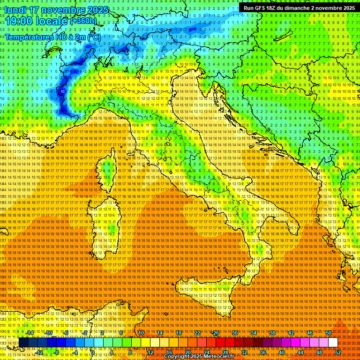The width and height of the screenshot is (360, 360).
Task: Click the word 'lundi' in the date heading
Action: point(16,10)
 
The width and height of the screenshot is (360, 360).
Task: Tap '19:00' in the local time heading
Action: point(19,21)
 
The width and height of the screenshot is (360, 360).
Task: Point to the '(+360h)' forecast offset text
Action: point(83,21)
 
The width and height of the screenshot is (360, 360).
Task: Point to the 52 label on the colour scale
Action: point(338,352)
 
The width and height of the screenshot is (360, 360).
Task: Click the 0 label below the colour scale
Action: point(93,352)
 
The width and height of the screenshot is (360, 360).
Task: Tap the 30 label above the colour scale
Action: point(234,333)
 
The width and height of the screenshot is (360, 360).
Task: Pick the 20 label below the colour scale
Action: point(187,352)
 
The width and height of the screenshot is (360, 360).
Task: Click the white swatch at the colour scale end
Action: point(333,343)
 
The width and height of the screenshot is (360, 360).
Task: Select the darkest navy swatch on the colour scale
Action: point(23,343)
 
